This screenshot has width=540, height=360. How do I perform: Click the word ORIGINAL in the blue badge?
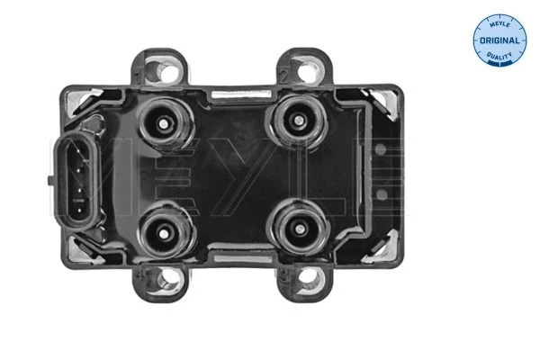click(499, 40)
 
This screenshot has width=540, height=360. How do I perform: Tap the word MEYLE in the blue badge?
click(499, 23)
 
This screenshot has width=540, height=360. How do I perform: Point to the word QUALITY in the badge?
click(499, 55)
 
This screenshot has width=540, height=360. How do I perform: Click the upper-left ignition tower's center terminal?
click(164, 123)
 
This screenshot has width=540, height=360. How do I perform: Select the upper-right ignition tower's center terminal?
click(298, 121)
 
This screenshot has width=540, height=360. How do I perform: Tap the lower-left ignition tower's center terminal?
click(164, 234)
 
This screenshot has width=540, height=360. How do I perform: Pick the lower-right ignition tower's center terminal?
click(299, 229)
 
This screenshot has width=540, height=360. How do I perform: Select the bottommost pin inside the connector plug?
click(79, 209)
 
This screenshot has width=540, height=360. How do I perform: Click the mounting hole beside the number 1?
click(168, 72)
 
